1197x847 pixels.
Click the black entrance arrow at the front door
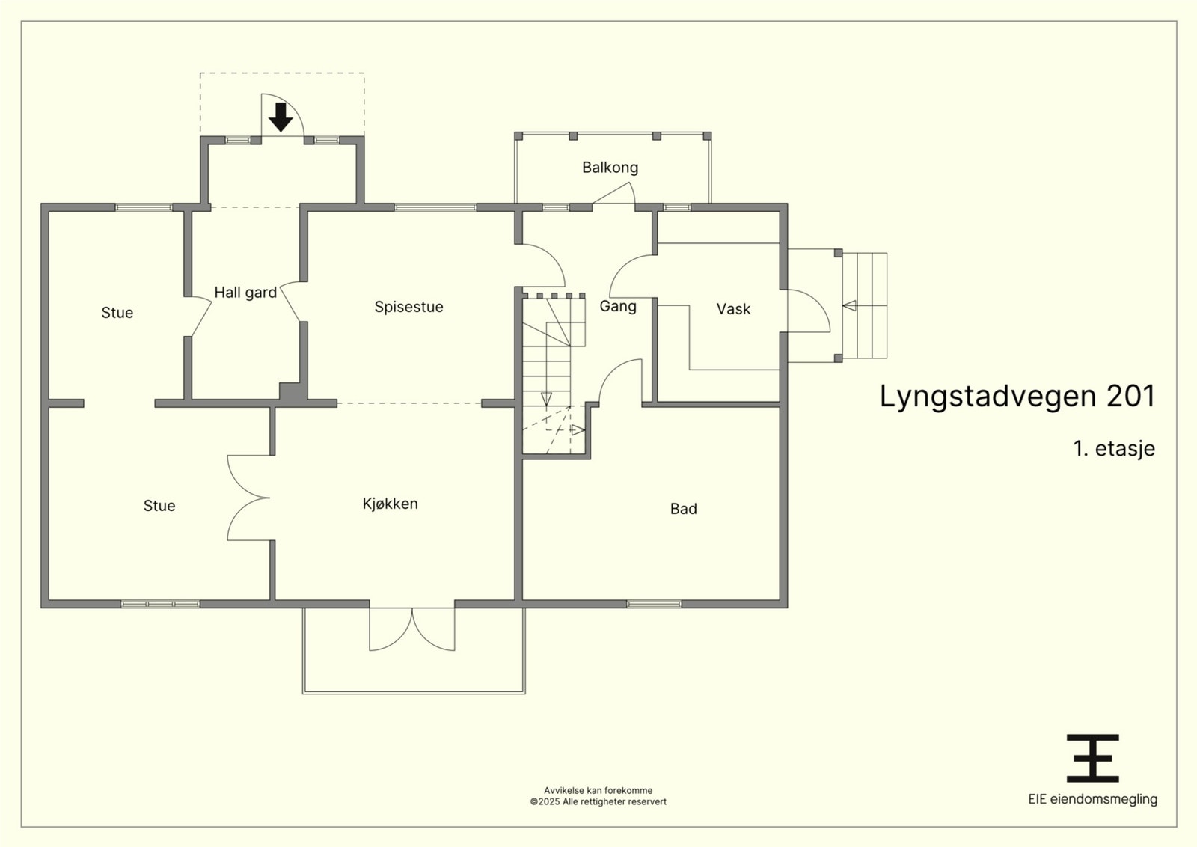281,117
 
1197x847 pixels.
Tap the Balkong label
610,168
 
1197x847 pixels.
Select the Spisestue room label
408,307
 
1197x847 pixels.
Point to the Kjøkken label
390,504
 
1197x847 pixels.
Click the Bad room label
684,509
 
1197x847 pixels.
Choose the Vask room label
733,309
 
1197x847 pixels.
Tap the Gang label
618,306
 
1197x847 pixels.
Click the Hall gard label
245,293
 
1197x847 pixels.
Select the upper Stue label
117,313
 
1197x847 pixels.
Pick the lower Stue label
159,506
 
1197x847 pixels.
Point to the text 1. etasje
1114,448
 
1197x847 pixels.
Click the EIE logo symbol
1093,758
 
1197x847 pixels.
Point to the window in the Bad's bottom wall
654,604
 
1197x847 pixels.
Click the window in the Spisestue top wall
435,207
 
